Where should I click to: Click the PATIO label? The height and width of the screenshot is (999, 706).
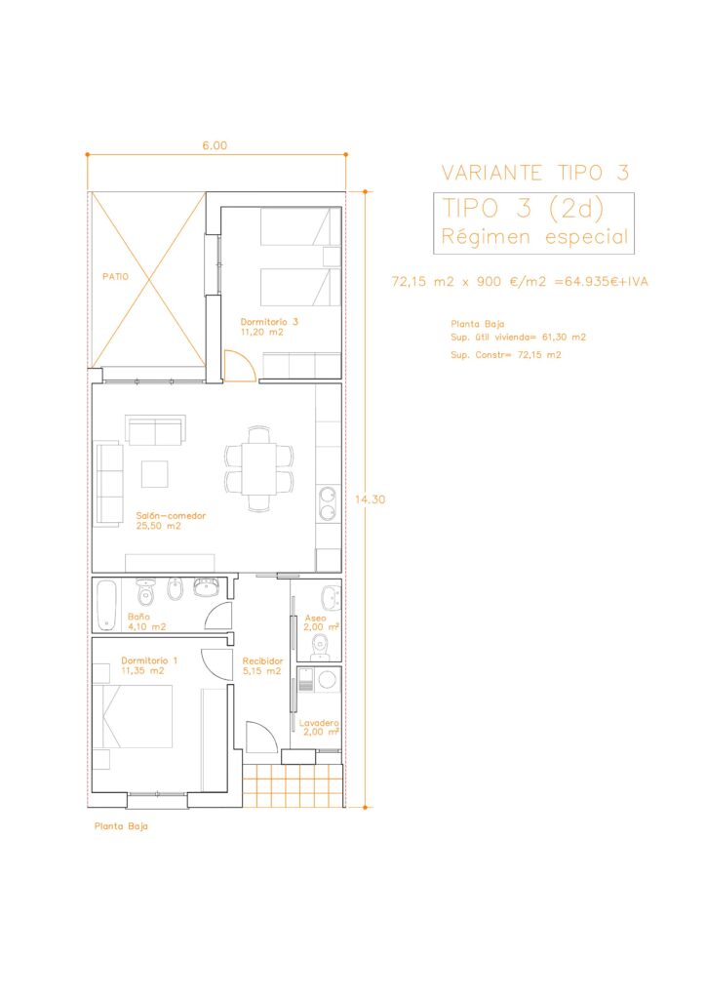pos(115,276)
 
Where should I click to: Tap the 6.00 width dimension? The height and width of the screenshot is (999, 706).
pos(215,146)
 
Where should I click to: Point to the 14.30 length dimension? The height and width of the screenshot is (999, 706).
pos(370,499)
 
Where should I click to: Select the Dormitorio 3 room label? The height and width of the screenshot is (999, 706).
pos(268,322)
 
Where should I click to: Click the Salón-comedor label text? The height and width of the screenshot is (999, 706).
pos(171,516)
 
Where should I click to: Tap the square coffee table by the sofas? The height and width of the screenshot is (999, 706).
pos(155,473)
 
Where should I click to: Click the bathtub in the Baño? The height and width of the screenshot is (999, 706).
pos(106,605)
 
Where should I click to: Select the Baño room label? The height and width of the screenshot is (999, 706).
pos(138,617)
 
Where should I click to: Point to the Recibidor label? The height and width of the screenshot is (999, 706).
pos(262,661)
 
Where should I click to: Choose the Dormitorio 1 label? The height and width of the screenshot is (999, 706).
pos(149,660)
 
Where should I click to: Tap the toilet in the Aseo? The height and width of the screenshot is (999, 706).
pos(320,648)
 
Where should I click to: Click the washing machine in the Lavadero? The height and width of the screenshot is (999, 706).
pos(328,679)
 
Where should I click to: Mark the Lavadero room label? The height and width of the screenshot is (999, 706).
pos(319,723)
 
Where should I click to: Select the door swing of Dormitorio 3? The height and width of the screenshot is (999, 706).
pos(240,367)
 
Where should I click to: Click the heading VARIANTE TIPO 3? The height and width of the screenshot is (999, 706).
pos(535,173)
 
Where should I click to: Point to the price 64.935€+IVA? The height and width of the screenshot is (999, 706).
pos(601,282)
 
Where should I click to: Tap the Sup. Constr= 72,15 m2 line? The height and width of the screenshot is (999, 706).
pos(505,355)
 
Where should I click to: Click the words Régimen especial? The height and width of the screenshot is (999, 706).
pos(534,237)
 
